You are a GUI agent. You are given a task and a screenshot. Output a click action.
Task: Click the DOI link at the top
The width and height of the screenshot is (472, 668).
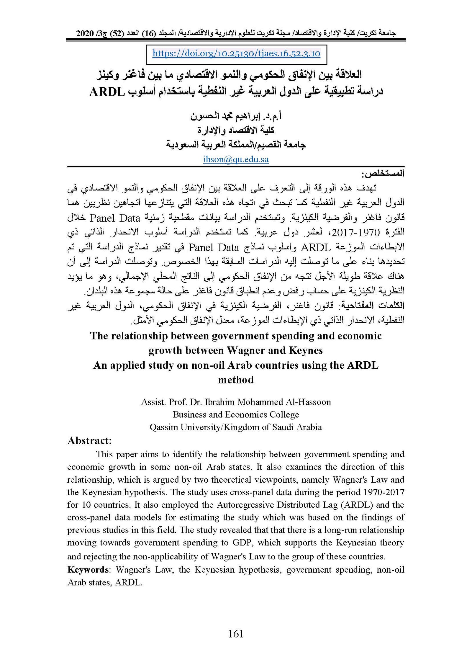[236, 53]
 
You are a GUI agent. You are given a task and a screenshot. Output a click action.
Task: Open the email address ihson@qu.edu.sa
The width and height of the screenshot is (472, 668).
[236, 159]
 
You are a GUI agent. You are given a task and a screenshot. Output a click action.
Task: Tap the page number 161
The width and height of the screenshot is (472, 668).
[236, 633]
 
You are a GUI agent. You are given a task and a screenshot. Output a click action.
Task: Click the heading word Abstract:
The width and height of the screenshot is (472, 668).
[89, 441]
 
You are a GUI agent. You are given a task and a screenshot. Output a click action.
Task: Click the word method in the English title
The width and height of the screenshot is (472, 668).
[236, 380]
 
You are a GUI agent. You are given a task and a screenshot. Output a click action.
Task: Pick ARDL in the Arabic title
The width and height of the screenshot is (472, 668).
[107, 92]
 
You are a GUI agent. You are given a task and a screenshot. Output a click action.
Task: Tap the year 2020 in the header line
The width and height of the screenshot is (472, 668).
[85, 33]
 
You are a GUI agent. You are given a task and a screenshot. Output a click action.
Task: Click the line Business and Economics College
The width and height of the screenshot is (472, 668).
[236, 415]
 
